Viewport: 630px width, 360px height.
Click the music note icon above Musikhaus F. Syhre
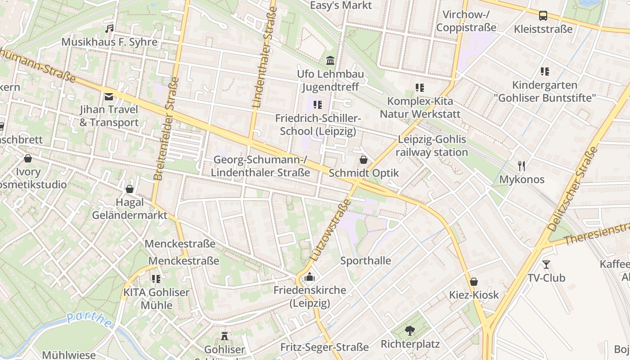click(x=109, y=29)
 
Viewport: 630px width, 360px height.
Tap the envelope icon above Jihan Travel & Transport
click(x=109, y=96)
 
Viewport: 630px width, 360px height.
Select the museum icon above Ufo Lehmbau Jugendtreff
click(x=330, y=60)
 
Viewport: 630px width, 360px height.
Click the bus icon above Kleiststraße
click(x=543, y=16)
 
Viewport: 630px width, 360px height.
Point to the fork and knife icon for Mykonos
click(x=522, y=166)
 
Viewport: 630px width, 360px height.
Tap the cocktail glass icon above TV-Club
click(x=546, y=265)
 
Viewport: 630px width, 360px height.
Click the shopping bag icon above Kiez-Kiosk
click(x=473, y=282)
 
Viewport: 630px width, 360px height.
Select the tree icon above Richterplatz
click(x=410, y=331)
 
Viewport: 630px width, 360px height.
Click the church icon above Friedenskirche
click(x=310, y=277)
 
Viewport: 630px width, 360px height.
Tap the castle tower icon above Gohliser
click(x=225, y=336)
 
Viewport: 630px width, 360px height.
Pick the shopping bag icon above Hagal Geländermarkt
click(x=130, y=189)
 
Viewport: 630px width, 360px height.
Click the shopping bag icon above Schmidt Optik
click(x=364, y=160)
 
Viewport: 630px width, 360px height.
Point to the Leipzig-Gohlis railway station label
click(x=432, y=146)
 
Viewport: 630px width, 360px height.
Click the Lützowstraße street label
click(x=331, y=230)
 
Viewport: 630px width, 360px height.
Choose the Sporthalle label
click(x=365, y=261)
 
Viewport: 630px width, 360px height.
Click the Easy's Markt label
click(x=341, y=5)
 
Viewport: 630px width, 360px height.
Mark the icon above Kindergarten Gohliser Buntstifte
click(x=545, y=71)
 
